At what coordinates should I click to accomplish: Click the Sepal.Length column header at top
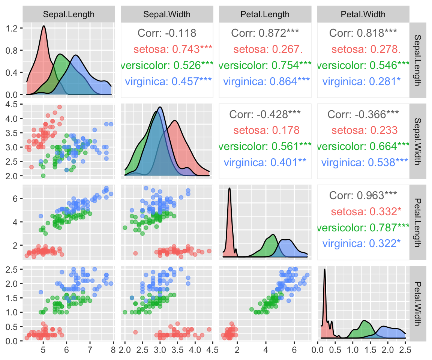point(69,15)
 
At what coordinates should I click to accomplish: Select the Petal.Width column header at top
point(363,15)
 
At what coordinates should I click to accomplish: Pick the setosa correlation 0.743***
point(173,49)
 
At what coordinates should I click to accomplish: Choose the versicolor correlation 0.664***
point(363,147)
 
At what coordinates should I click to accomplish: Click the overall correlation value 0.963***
point(363,195)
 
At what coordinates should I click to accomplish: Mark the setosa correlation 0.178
point(266,130)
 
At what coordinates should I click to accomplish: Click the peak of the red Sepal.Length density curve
point(44,26)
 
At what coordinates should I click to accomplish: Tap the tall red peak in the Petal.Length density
point(229,189)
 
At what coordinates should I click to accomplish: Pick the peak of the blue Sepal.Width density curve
point(160,107)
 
